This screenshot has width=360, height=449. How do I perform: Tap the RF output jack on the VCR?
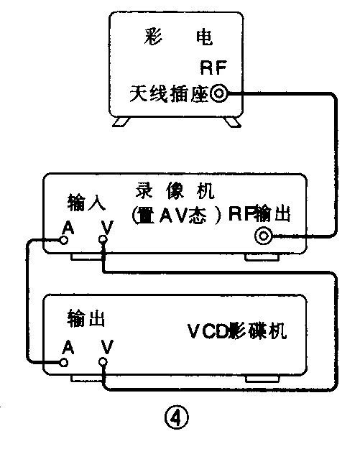[x=263, y=236]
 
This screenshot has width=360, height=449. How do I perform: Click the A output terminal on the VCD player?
[x=66, y=363]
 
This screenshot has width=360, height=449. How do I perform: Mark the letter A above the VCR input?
[x=67, y=227]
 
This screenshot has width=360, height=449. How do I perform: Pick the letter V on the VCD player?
[x=106, y=348]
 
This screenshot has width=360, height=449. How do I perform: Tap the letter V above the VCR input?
[x=106, y=227]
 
